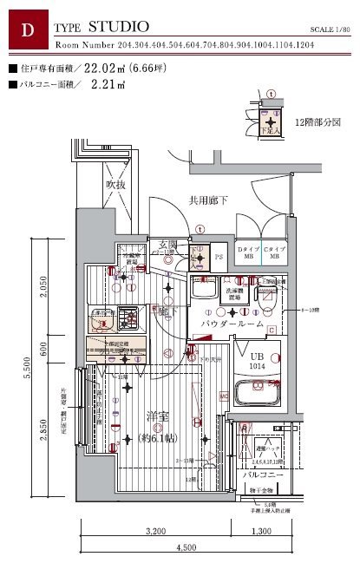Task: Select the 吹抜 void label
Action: [115, 185]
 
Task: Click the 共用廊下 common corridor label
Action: [208, 200]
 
